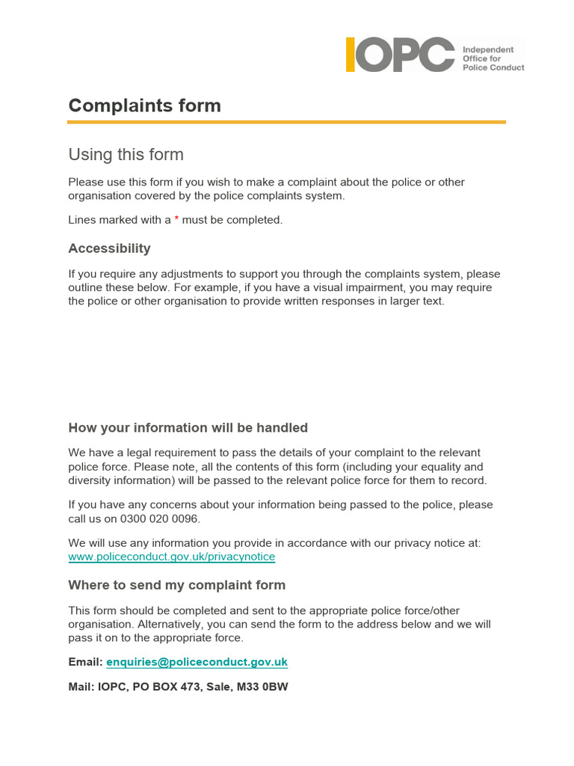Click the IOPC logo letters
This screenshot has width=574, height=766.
pyautogui.click(x=401, y=55)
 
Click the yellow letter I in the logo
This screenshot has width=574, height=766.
pyautogui.click(x=350, y=55)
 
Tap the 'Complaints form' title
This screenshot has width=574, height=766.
pyautogui.click(x=144, y=105)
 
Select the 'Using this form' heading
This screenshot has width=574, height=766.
pyautogui.click(x=126, y=155)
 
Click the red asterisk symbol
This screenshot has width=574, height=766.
pyautogui.click(x=176, y=220)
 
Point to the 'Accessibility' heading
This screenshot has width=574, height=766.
pyautogui.click(x=109, y=248)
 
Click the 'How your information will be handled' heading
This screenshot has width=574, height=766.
pyautogui.click(x=188, y=428)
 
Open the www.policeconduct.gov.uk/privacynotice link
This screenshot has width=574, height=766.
pyautogui.click(x=171, y=557)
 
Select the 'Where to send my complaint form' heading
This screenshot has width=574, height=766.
pyautogui.click(x=176, y=585)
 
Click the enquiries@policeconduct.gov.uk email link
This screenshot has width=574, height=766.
pyautogui.click(x=197, y=662)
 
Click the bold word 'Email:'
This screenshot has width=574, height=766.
pyautogui.click(x=85, y=662)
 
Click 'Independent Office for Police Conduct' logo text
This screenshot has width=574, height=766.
pyautogui.click(x=493, y=58)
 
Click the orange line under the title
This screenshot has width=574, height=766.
pyautogui.click(x=287, y=121)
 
